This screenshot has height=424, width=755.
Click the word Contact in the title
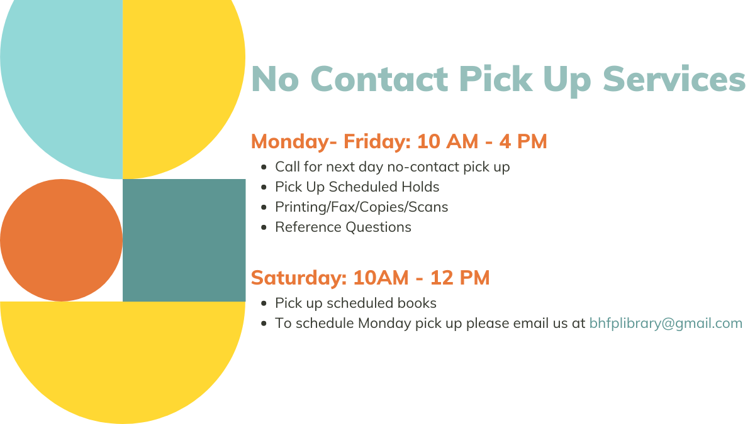[379, 79]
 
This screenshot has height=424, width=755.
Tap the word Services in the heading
[674, 79]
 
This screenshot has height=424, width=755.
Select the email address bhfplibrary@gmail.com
[666, 323]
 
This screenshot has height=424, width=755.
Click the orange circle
[62, 240]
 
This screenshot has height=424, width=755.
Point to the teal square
[184, 240]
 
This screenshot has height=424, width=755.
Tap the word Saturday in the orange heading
[299, 278]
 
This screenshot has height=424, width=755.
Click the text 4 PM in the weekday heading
[523, 141]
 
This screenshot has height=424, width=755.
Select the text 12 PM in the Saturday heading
[460, 278]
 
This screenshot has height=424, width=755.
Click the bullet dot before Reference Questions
[264, 227]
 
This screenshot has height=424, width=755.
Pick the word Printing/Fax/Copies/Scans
[362, 207]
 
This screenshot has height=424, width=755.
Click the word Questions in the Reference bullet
[379, 227]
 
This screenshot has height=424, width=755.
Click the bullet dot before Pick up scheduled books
[264, 303]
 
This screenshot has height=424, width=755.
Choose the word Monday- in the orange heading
[294, 142]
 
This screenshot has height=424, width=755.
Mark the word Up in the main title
[567, 81]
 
